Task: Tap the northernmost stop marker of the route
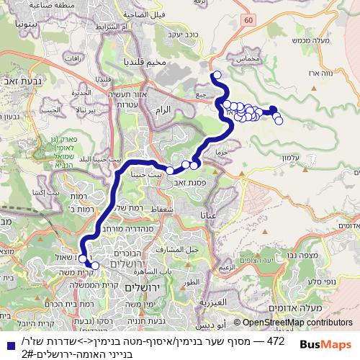point(217,74)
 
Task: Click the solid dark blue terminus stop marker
point(273,110)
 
